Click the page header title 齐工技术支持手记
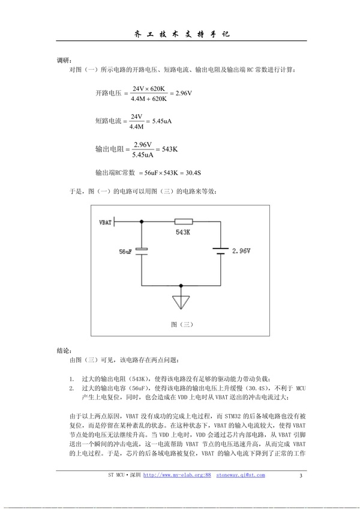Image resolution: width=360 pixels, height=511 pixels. click(x=180, y=34)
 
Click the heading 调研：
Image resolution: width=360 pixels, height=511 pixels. click(x=64, y=61)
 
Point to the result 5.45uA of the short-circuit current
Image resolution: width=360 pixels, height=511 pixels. click(x=162, y=121)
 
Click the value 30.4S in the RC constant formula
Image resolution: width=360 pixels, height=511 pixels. click(x=190, y=173)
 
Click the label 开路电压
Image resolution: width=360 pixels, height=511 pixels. click(x=108, y=94)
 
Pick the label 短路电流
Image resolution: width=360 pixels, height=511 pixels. click(x=108, y=121)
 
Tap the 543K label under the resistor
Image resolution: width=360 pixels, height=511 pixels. click(x=183, y=232)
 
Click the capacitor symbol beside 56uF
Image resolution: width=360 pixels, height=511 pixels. click(x=142, y=251)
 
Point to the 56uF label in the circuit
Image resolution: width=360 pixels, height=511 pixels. click(x=126, y=251)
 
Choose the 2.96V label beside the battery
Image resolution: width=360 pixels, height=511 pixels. click(x=241, y=250)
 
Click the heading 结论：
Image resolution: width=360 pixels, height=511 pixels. click(x=64, y=349)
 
